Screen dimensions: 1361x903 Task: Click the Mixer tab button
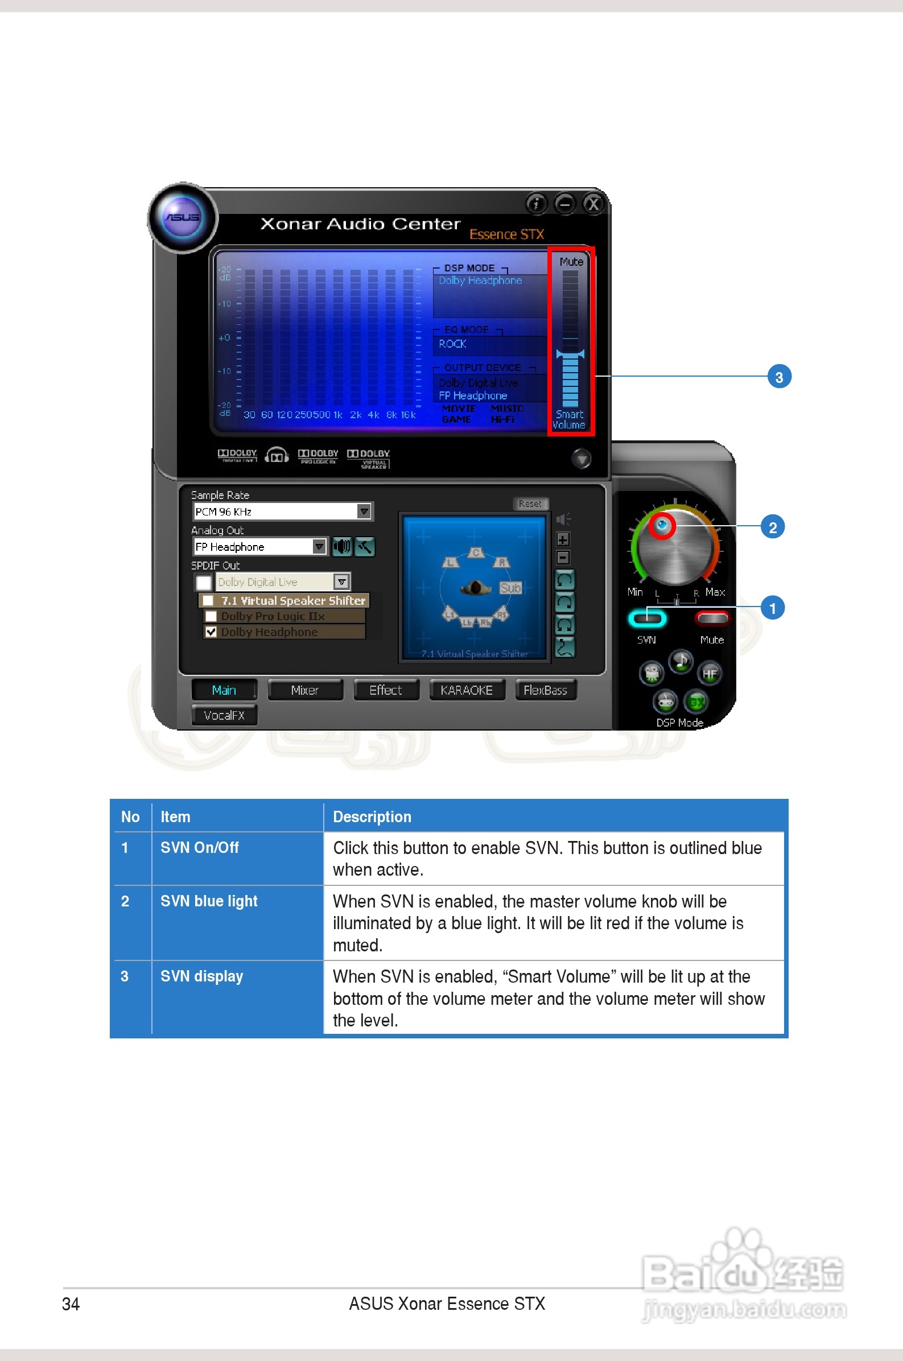click(304, 690)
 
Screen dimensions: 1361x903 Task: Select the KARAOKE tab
click(467, 690)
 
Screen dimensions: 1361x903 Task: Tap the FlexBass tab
click(545, 690)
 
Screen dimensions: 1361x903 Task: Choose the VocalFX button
click(224, 715)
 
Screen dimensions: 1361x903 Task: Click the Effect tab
click(385, 690)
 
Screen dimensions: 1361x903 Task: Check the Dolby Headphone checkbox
click(211, 632)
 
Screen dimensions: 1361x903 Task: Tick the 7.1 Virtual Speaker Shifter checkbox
click(208, 600)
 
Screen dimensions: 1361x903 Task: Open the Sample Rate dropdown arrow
click(364, 512)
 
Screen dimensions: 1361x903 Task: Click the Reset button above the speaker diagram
click(530, 504)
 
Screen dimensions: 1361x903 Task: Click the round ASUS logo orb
click(183, 217)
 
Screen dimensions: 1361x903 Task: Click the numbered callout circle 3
click(779, 377)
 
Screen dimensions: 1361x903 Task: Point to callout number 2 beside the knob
click(773, 527)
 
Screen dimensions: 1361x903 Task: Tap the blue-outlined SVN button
click(647, 619)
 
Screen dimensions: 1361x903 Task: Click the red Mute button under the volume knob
click(712, 619)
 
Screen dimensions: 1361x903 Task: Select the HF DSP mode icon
click(710, 673)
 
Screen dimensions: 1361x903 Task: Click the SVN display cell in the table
click(201, 976)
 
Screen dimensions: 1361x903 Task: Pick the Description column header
click(372, 817)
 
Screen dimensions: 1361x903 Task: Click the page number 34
click(71, 1304)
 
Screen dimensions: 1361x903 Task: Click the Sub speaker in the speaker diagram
click(510, 588)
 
